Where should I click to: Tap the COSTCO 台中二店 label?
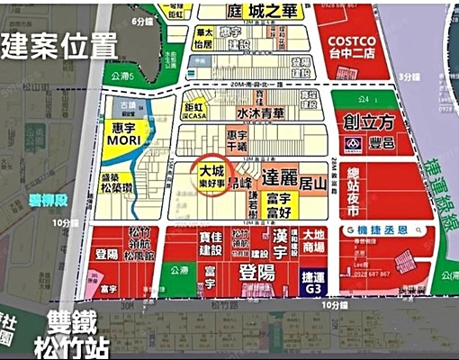(x=356, y=45)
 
